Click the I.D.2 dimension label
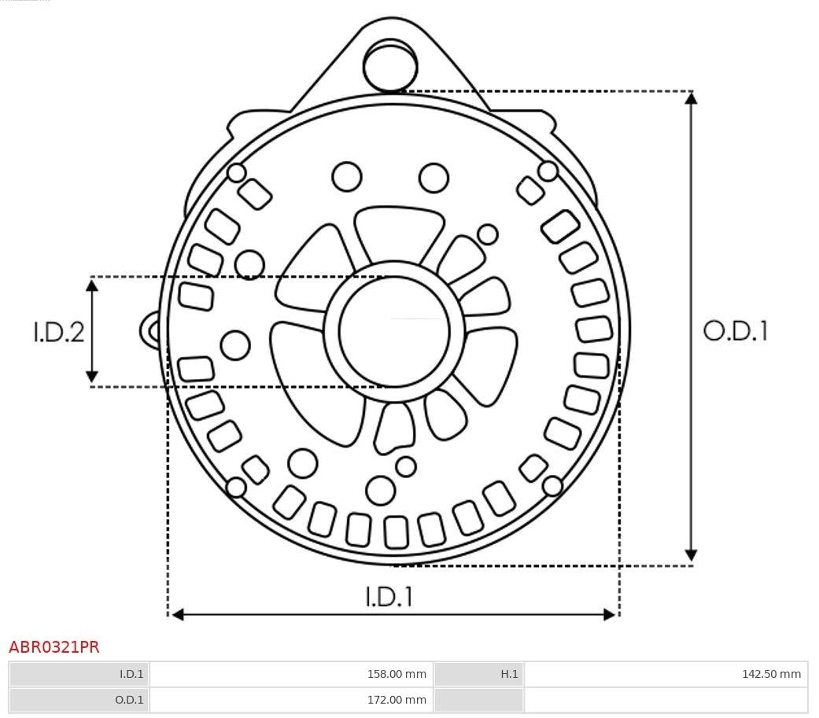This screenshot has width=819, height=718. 58,332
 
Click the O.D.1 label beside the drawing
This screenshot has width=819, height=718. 736,330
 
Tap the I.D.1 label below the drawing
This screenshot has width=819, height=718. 389,596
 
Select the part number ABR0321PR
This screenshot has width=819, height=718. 53,647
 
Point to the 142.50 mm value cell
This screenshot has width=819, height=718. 666,674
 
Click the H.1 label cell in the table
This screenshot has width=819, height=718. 479,674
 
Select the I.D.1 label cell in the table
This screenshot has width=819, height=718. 79,674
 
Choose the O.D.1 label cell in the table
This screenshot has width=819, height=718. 79,700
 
